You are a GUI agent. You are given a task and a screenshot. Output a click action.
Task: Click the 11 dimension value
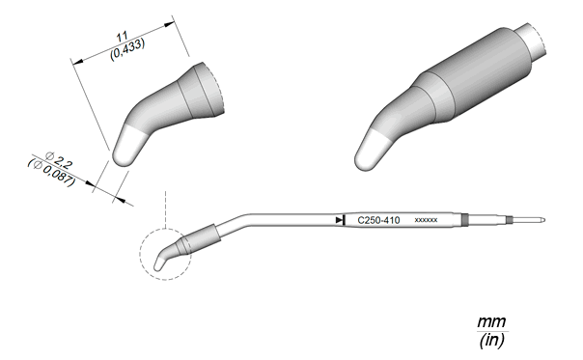123,37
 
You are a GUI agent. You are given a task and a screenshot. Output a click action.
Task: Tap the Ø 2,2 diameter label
58,160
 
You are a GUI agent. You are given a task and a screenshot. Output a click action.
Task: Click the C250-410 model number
378,221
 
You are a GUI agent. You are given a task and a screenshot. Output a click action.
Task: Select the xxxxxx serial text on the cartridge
426,220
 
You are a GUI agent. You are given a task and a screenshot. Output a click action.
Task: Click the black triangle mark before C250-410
339,220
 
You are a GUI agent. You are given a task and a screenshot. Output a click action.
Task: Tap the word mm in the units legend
492,321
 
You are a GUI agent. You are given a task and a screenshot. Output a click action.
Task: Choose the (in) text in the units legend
492,340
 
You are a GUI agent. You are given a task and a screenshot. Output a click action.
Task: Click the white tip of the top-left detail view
126,146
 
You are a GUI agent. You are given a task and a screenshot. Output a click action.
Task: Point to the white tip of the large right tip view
371,151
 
